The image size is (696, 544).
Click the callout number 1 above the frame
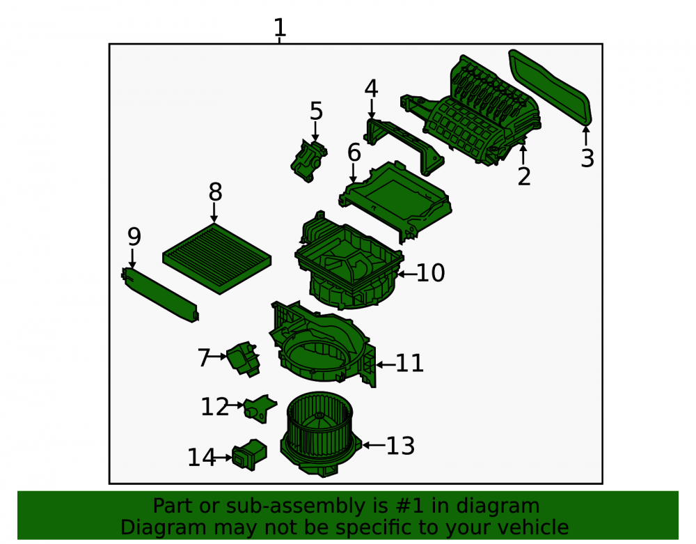(x=280, y=28)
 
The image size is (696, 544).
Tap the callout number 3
(x=587, y=159)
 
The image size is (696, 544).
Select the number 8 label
(x=215, y=192)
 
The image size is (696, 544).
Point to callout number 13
(x=400, y=446)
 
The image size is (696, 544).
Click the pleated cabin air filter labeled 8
(x=217, y=259)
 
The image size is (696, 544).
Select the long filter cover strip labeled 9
(x=160, y=295)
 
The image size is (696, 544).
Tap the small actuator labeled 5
(x=309, y=160)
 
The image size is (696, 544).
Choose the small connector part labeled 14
(x=249, y=455)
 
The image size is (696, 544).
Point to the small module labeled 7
(x=243, y=359)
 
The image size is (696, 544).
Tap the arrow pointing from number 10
(x=407, y=274)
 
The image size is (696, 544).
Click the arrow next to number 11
(x=386, y=364)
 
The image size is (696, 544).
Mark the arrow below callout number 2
(x=523, y=154)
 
